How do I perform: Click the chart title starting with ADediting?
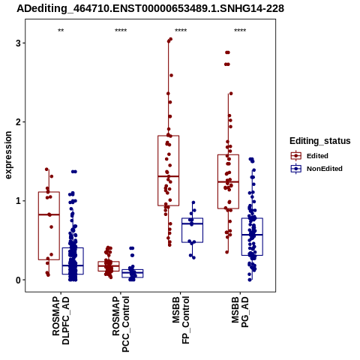click(150, 9)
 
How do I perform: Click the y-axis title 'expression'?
click(8, 155)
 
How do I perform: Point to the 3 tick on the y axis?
click(19, 43)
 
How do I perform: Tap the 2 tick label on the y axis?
click(19, 122)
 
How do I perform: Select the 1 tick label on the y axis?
click(19, 201)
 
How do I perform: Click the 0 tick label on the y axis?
click(19, 280)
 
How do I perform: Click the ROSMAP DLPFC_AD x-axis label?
click(61, 320)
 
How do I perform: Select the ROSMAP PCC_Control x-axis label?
click(121, 324)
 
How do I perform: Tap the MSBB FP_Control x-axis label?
click(181, 320)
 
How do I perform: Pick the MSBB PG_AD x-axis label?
click(240, 312)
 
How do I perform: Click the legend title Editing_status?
click(320, 141)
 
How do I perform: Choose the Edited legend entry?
click(310, 156)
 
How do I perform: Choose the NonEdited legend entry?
click(316, 169)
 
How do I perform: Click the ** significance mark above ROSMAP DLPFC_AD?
click(61, 31)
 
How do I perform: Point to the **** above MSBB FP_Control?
click(181, 31)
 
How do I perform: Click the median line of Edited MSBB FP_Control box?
click(169, 176)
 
